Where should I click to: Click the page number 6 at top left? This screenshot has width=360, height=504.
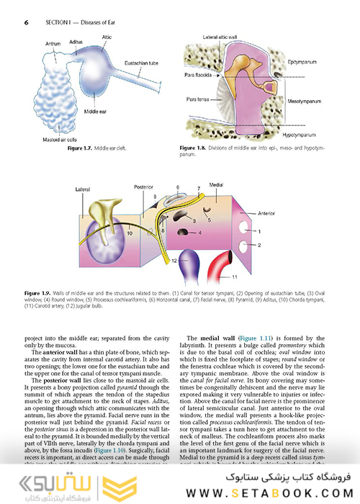(26, 22)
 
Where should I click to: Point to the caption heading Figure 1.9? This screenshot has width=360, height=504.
(40, 293)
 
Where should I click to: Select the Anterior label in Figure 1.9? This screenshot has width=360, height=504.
(267, 214)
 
